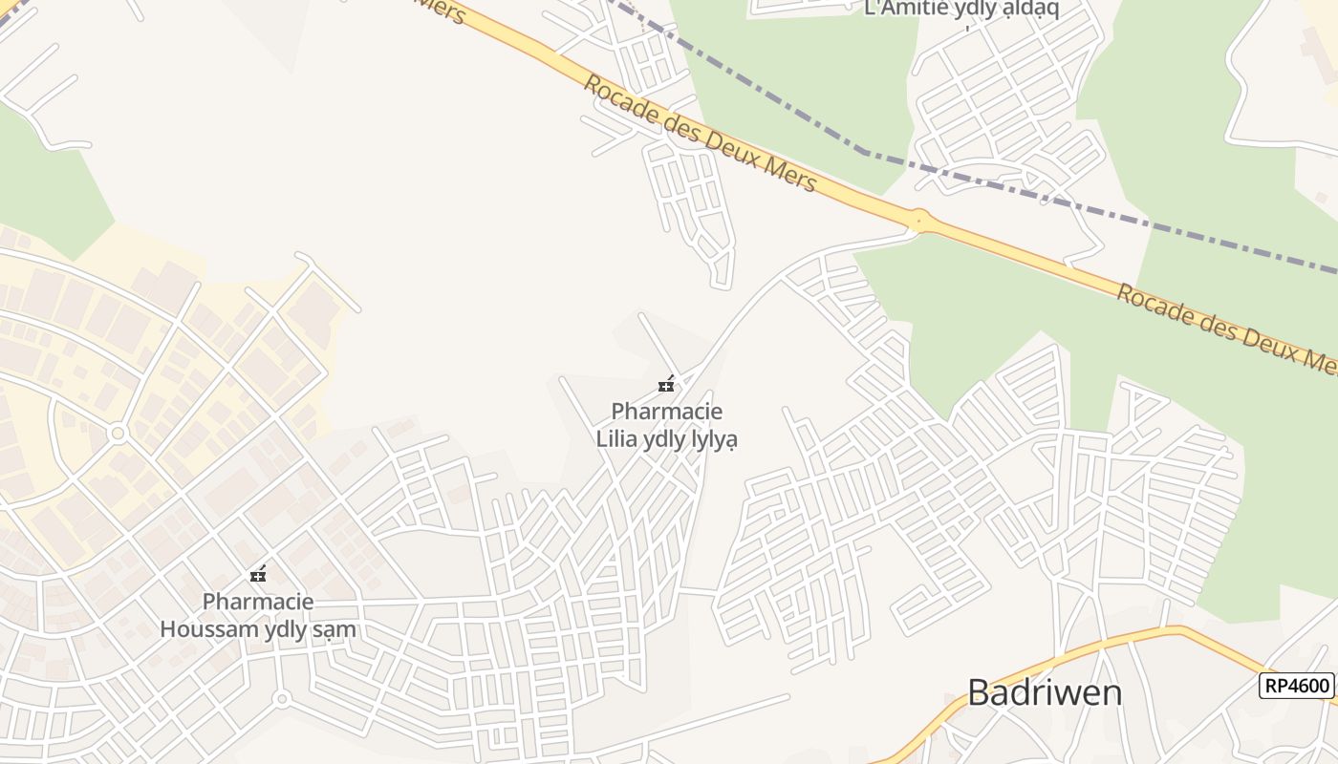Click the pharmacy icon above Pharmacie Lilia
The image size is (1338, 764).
666,385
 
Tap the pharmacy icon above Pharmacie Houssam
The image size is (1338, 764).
257,575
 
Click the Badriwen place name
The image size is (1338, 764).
1045,692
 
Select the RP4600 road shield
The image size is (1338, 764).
1296,686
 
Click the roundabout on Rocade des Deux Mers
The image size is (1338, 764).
919,220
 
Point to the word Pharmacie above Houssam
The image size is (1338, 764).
258,602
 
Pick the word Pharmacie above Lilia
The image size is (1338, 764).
667,412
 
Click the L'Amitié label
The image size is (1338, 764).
907,9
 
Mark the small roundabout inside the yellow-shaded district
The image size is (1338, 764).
119,434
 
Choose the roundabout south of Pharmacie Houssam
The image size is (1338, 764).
281,699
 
